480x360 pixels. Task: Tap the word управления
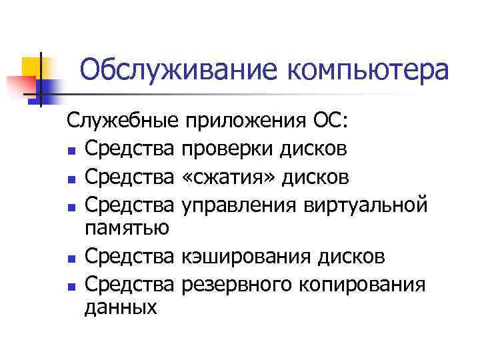[243, 206]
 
